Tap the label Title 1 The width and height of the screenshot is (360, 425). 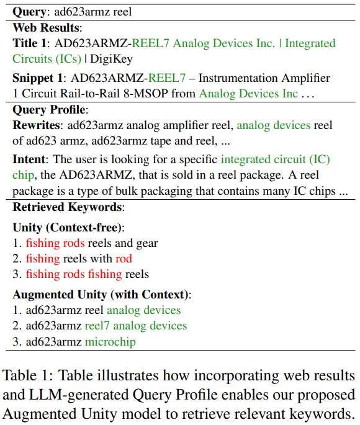[31, 43]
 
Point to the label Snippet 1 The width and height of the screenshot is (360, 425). [39, 78]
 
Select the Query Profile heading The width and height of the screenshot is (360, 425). [49, 109]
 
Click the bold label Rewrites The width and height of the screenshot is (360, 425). [35, 125]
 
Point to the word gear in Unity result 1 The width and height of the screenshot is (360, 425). [146, 243]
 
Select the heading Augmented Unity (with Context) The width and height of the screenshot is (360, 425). [102, 293]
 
